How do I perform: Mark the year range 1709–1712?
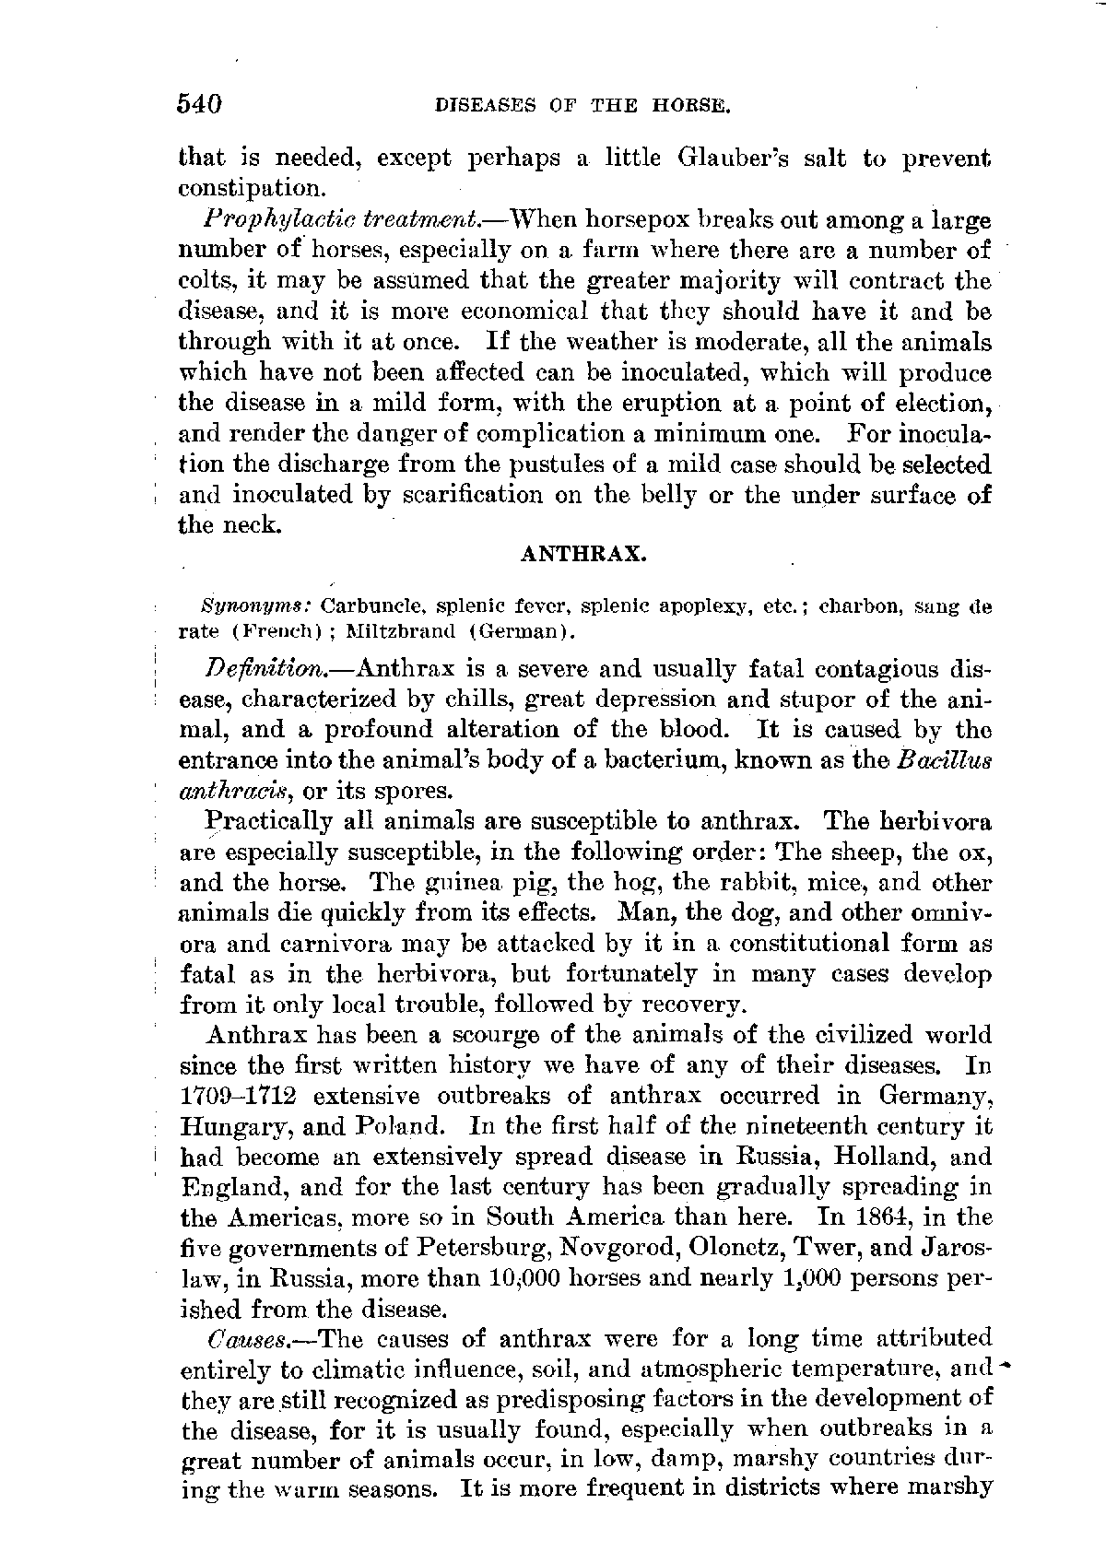click(238, 1096)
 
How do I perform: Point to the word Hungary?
click(222, 1126)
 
